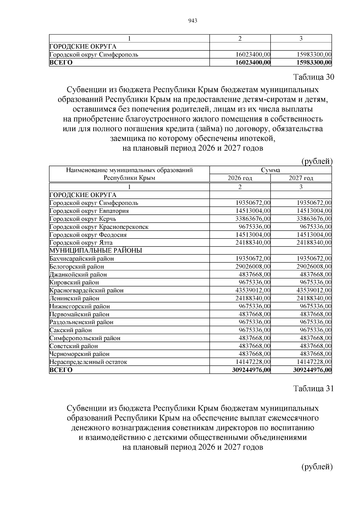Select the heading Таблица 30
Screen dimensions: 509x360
click(x=313, y=77)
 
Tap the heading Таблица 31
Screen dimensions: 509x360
click(x=313, y=388)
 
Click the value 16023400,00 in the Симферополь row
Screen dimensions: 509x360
click(x=253, y=55)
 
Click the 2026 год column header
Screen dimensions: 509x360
click(x=240, y=178)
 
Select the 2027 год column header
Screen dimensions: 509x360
click(x=301, y=178)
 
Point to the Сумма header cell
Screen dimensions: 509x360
click(x=270, y=170)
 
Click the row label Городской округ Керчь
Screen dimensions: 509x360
click(x=83, y=219)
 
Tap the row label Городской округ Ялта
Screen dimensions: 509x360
click(x=81, y=243)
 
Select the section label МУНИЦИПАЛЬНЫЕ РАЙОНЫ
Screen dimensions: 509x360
click(x=96, y=250)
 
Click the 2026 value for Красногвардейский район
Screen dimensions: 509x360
click(x=253, y=290)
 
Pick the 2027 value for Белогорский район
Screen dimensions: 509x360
click(x=314, y=266)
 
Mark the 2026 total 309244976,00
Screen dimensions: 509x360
click(x=251, y=370)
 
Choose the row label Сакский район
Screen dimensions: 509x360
click(x=70, y=330)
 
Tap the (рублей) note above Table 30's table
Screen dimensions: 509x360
click(x=317, y=161)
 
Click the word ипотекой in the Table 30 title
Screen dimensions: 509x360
click(x=257, y=139)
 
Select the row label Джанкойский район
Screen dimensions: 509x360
click(x=78, y=274)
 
